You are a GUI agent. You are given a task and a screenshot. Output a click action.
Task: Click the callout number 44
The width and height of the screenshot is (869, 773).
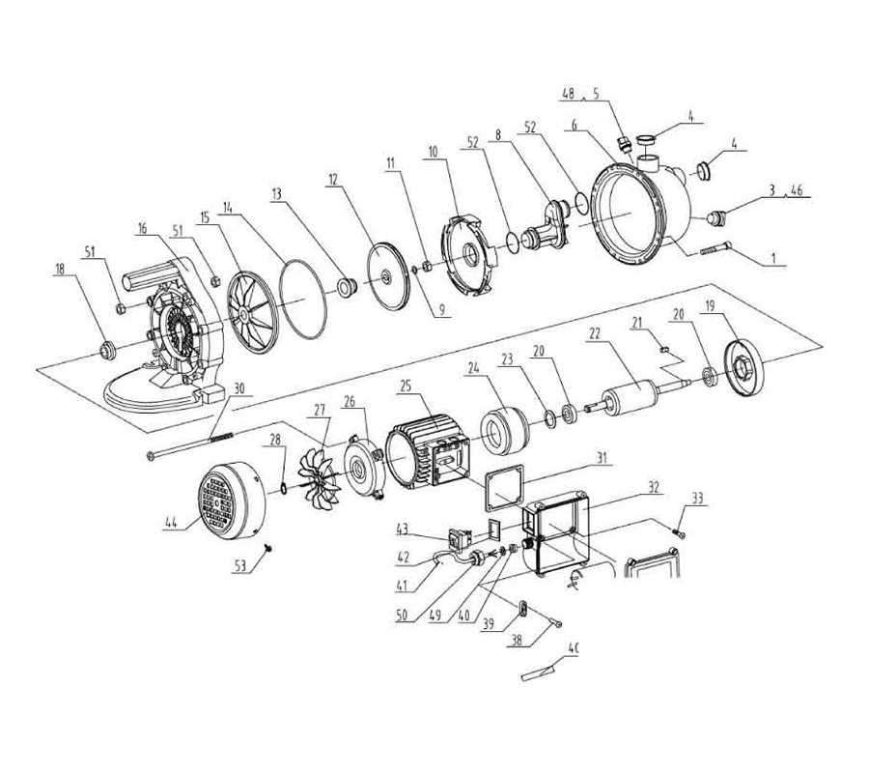point(172,522)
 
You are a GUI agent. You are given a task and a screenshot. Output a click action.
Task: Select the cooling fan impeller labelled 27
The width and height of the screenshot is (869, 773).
point(320,479)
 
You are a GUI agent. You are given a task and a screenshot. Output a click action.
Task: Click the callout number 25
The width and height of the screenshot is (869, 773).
point(406,386)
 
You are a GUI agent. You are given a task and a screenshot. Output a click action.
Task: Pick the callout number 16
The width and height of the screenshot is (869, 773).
point(144,228)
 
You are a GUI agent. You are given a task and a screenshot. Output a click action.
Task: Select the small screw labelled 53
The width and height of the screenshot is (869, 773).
point(268,548)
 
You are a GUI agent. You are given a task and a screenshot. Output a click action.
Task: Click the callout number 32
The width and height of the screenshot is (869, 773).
point(654,487)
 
